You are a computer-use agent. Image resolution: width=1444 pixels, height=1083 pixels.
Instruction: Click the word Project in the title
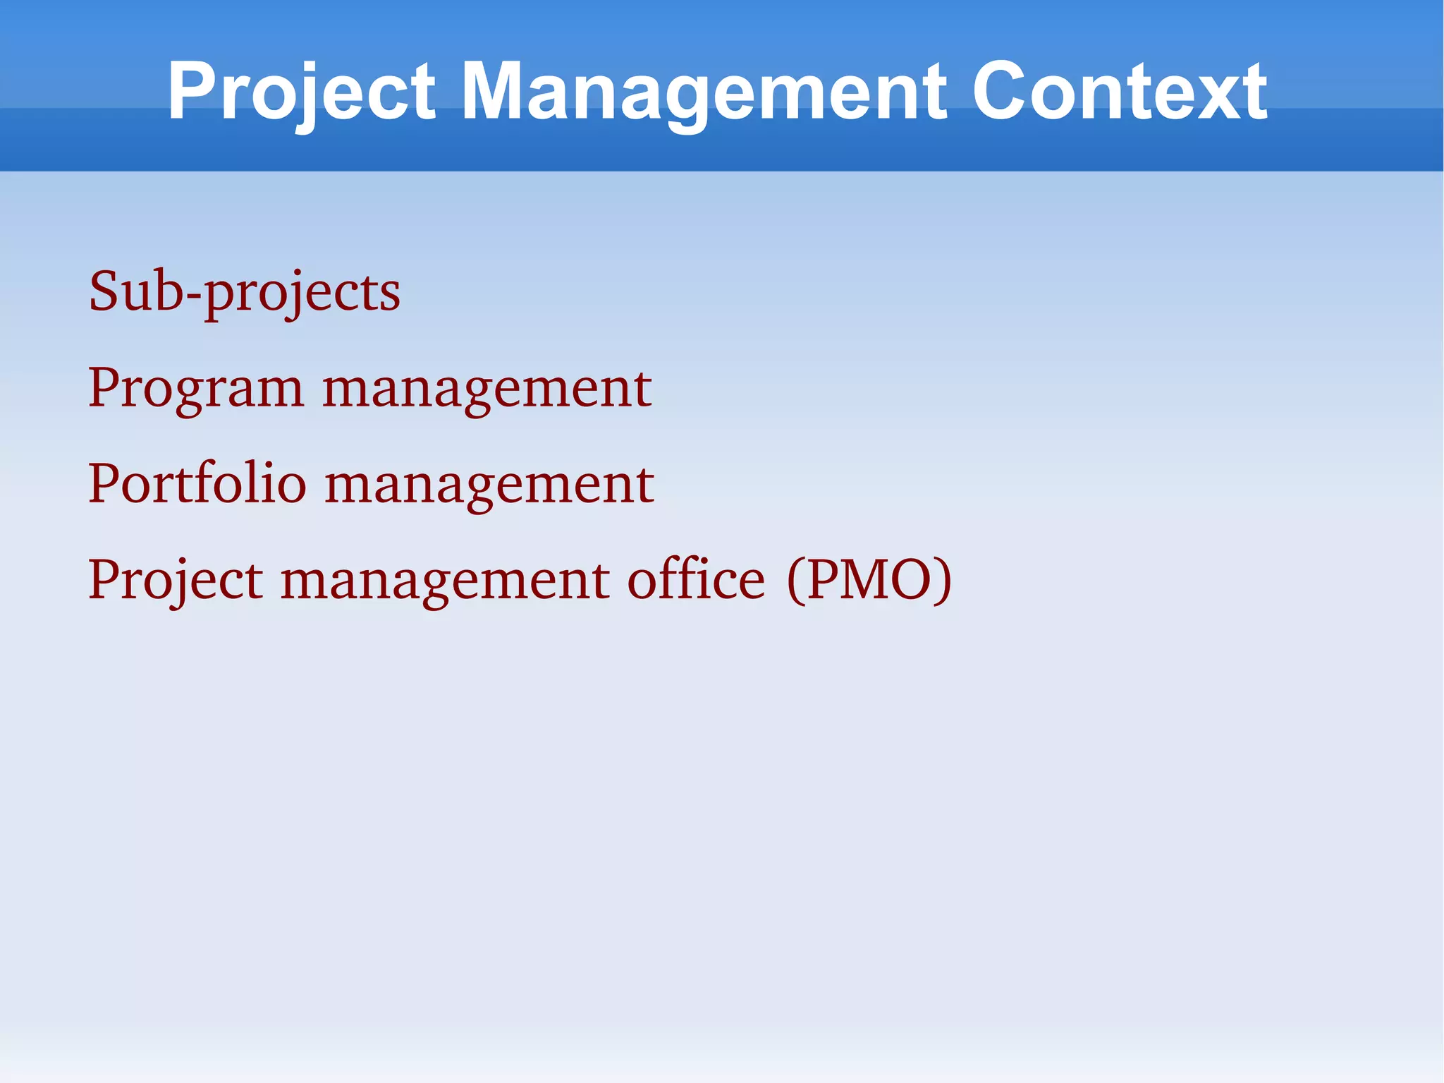(302, 92)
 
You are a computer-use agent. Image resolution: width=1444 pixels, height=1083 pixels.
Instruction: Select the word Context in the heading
(1119, 92)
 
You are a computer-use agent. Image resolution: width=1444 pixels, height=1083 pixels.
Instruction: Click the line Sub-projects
(244, 292)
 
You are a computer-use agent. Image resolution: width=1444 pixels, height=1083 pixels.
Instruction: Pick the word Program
(196, 389)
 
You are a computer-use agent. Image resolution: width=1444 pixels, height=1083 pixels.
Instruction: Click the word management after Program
(487, 389)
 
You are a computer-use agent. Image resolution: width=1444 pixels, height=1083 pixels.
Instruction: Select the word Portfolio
(197, 485)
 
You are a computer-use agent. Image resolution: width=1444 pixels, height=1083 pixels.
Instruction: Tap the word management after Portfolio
(489, 485)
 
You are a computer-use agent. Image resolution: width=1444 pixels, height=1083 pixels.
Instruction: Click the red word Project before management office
(176, 581)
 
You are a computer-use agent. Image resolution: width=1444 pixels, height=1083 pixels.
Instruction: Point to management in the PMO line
(445, 581)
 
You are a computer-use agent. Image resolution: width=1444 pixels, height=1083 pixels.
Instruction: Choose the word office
(696, 580)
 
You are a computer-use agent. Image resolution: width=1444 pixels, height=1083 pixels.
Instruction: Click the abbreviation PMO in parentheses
(869, 580)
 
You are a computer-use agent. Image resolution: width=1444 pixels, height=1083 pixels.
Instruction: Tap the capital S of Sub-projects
(103, 291)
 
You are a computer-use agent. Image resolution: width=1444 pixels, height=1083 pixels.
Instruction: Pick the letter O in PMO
(910, 580)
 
